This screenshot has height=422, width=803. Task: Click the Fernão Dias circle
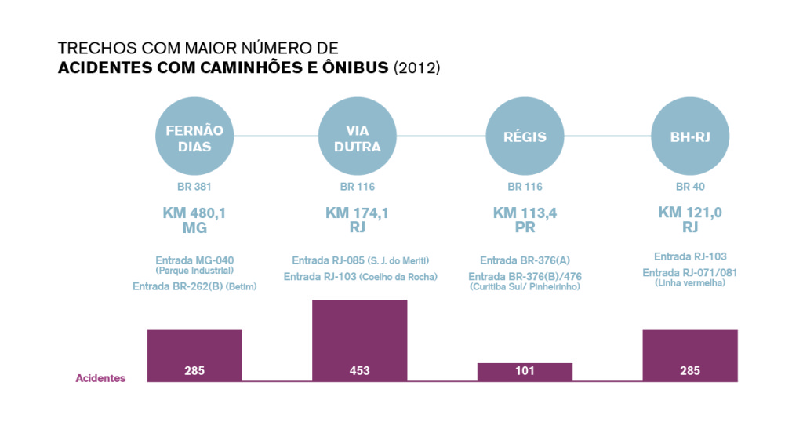(194, 138)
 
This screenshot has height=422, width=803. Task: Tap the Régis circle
(525, 138)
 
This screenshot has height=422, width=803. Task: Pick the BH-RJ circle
(690, 138)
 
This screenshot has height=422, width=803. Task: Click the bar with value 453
(360, 340)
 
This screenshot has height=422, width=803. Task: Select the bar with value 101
(525, 372)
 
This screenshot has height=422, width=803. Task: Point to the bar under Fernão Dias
(194, 355)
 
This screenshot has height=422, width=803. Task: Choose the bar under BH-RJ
(690, 355)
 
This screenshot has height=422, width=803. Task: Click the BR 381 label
(194, 187)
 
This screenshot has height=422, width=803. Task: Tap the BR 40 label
(690, 187)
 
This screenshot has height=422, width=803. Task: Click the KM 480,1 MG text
(194, 220)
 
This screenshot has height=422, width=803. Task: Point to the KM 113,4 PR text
(525, 220)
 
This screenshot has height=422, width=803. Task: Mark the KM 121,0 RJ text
(690, 220)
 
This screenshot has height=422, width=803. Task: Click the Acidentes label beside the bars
(100, 378)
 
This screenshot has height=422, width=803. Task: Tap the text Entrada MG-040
(194, 260)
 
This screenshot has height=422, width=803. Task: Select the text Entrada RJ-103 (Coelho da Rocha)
(360, 276)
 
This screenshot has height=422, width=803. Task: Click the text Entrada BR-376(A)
(525, 260)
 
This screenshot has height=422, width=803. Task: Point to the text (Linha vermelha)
(690, 282)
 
